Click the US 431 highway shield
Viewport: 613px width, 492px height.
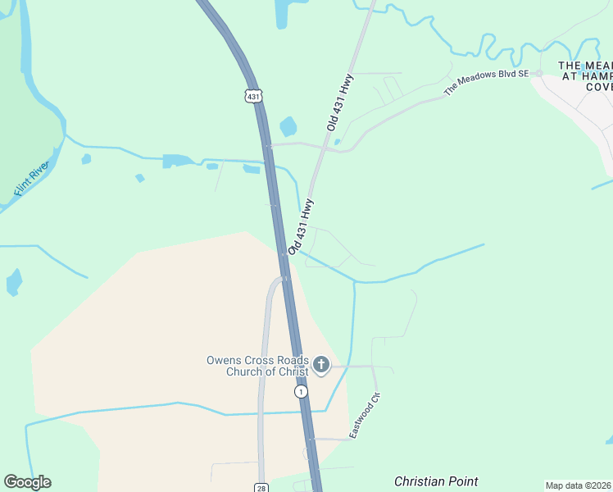coord(253,96)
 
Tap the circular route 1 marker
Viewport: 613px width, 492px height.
coord(302,392)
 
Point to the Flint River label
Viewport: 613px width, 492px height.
coord(32,179)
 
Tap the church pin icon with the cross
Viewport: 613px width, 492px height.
coord(321,364)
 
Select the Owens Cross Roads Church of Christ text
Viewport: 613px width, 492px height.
coord(257,366)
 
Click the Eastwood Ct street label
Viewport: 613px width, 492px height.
coord(366,415)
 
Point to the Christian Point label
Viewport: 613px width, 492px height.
coord(436,481)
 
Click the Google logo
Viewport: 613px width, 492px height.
coord(27,482)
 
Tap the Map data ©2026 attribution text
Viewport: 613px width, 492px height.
coord(578,485)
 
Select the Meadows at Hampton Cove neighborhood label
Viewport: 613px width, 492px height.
coord(585,75)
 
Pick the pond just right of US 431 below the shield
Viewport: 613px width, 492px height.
coord(288,126)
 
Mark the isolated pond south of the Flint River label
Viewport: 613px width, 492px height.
coord(13,281)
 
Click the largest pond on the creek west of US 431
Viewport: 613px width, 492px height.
coord(175,160)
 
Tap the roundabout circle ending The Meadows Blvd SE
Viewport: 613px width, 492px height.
coord(539,73)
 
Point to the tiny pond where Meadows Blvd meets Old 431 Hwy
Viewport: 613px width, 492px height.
coord(337,142)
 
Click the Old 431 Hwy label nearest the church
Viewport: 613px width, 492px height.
coord(301,225)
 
